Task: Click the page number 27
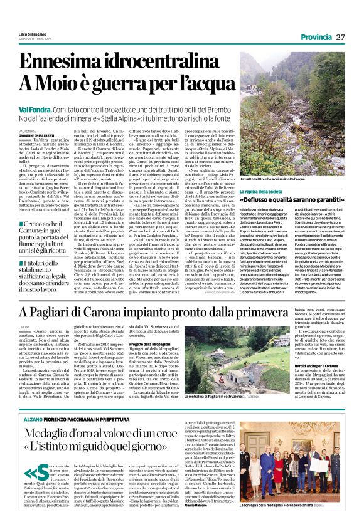[x=341, y=36]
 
